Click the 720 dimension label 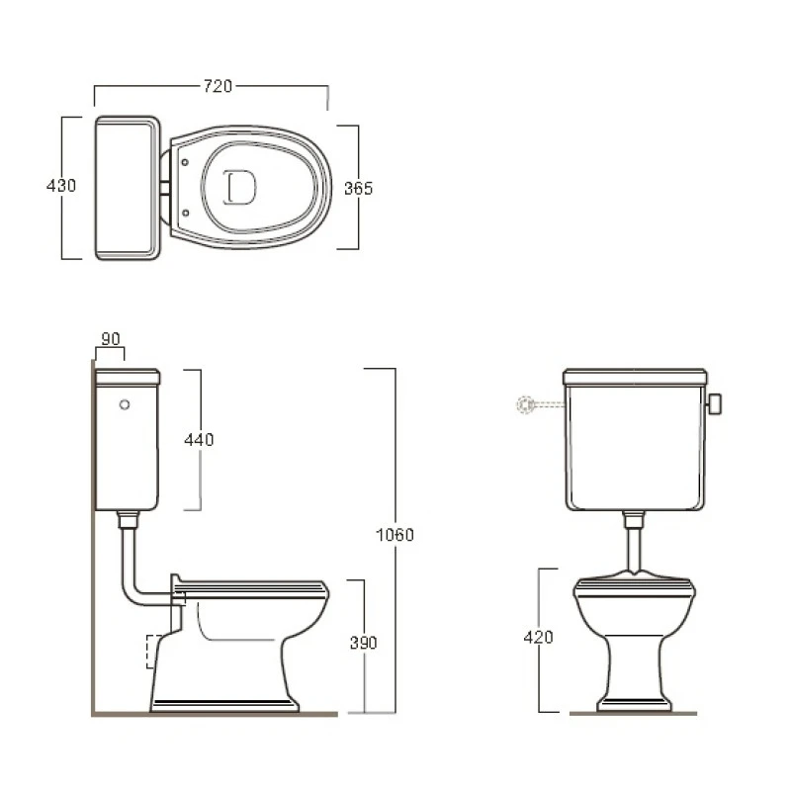pyautogui.click(x=218, y=86)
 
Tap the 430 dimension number pyautogui.click(x=61, y=186)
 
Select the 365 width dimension pyautogui.click(x=358, y=188)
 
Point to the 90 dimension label pyautogui.click(x=111, y=339)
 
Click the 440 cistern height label pyautogui.click(x=199, y=440)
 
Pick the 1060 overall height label pyautogui.click(x=395, y=535)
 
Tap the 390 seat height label pyautogui.click(x=363, y=643)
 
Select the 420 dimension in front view pyautogui.click(x=538, y=637)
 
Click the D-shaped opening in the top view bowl pyautogui.click(x=239, y=187)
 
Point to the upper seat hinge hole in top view pyautogui.click(x=185, y=162)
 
